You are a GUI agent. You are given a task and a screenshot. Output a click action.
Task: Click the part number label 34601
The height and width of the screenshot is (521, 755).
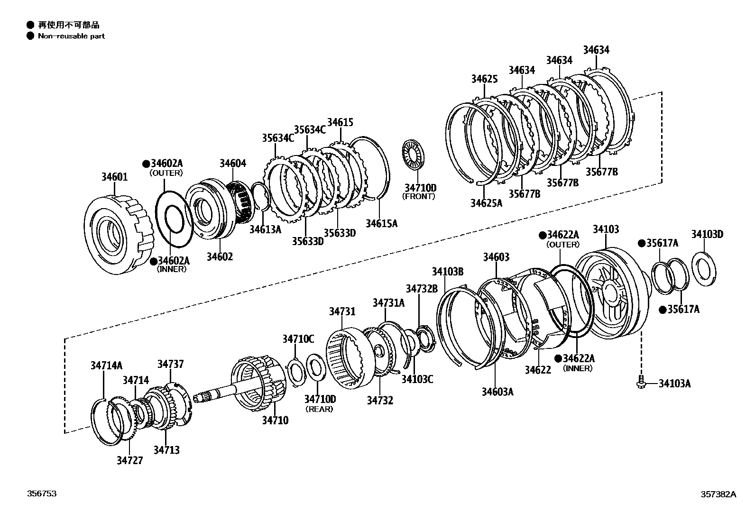[x=114, y=177]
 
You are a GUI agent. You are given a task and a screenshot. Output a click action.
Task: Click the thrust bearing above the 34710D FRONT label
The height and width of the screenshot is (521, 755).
[x=414, y=154]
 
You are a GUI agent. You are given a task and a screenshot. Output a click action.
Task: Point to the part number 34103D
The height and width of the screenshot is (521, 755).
[x=707, y=234]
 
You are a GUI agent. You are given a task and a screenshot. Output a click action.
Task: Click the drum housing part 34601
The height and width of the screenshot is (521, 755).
[x=119, y=232]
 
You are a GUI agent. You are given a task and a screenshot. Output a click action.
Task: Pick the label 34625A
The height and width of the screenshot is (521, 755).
[x=486, y=203]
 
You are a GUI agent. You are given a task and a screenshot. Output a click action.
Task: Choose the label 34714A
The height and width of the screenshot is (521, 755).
[x=107, y=366]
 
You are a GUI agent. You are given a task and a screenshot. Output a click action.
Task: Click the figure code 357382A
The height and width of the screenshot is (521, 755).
[x=718, y=494]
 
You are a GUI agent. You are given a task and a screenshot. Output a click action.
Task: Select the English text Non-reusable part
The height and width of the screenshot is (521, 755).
[x=71, y=36]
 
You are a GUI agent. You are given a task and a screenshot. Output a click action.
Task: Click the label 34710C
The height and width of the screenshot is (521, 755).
[x=298, y=339]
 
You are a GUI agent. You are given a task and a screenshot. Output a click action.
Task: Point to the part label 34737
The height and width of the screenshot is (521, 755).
[x=170, y=364]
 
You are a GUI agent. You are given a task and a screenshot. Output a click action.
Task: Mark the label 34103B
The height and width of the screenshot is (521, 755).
[x=447, y=272]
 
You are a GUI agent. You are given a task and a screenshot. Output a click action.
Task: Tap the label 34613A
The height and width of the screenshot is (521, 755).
[x=266, y=229]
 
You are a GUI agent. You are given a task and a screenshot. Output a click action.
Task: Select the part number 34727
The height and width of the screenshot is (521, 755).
[x=129, y=460]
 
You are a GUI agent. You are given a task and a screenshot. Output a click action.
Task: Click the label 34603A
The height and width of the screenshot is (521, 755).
[x=497, y=392]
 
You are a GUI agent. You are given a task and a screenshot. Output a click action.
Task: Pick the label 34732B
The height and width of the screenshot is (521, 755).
[x=421, y=289]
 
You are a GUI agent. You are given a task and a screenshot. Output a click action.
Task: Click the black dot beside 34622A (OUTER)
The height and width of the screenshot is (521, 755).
[x=542, y=235]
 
